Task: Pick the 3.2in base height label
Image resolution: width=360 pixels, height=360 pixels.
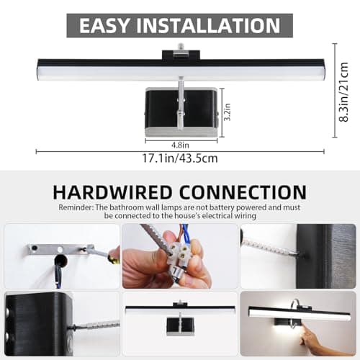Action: pos(226,113)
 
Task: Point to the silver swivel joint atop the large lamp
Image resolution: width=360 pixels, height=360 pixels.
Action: pos(180,52)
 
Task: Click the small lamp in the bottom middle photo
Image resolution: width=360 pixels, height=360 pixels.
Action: pos(179,316)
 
